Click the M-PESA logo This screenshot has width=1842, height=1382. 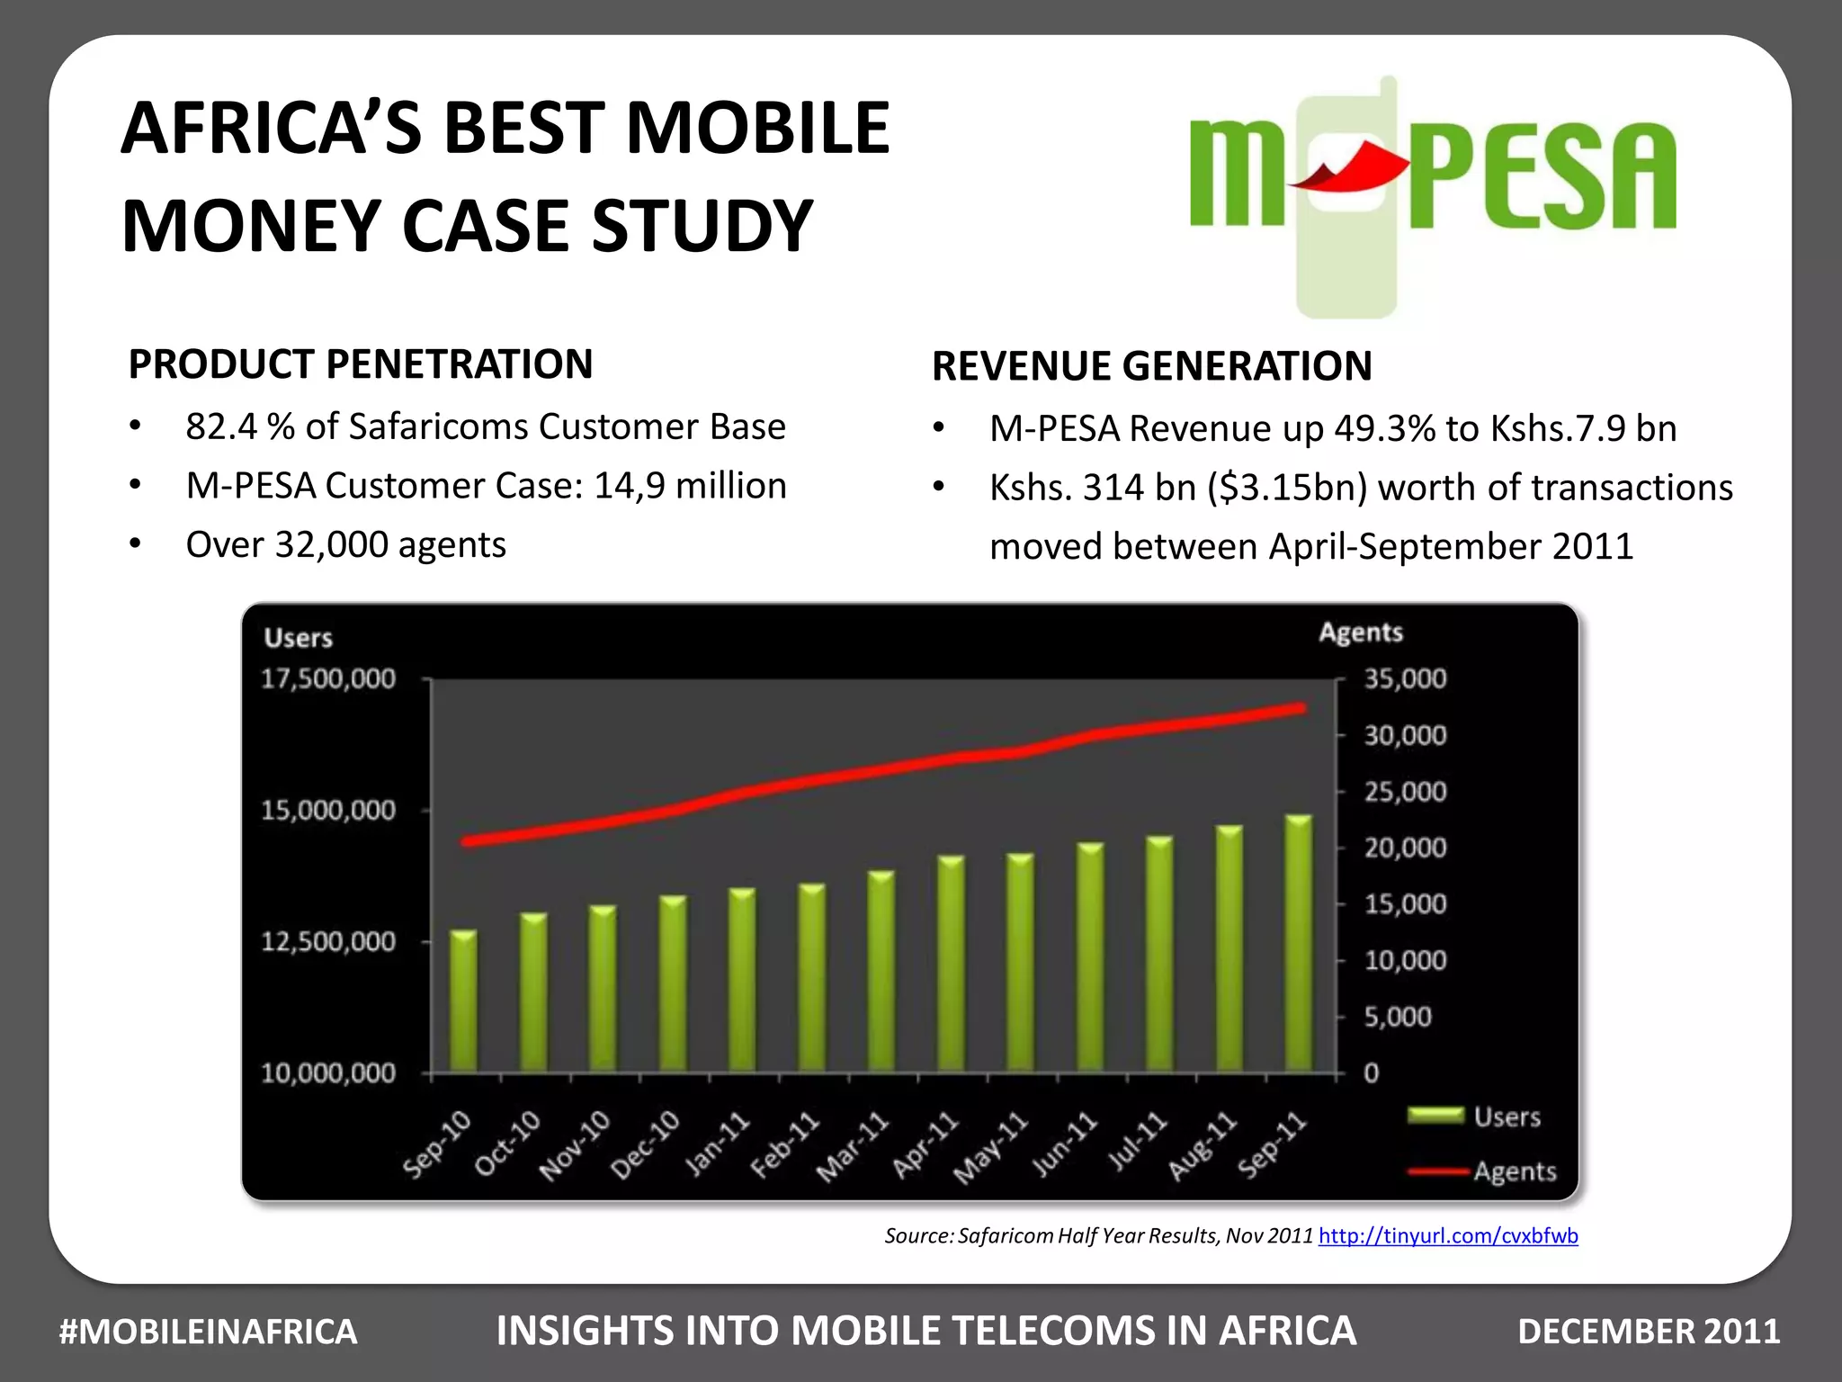(x=1432, y=180)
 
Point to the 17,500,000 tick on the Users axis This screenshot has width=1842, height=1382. (x=328, y=678)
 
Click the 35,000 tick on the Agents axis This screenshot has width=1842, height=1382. (x=1405, y=678)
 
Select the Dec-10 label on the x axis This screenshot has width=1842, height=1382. (x=646, y=1144)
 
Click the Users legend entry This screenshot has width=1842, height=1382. (x=1507, y=1117)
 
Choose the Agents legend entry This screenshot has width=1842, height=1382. (x=1515, y=1171)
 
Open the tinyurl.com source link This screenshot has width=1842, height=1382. (x=1448, y=1236)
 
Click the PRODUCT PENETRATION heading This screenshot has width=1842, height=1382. (x=361, y=364)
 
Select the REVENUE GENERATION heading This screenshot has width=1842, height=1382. (x=1152, y=366)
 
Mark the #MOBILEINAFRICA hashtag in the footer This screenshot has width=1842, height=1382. (x=208, y=1332)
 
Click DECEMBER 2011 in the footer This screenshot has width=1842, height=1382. (x=1649, y=1332)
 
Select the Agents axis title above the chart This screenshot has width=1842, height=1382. (x=1361, y=633)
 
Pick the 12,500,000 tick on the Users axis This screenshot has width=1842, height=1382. (x=328, y=942)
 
